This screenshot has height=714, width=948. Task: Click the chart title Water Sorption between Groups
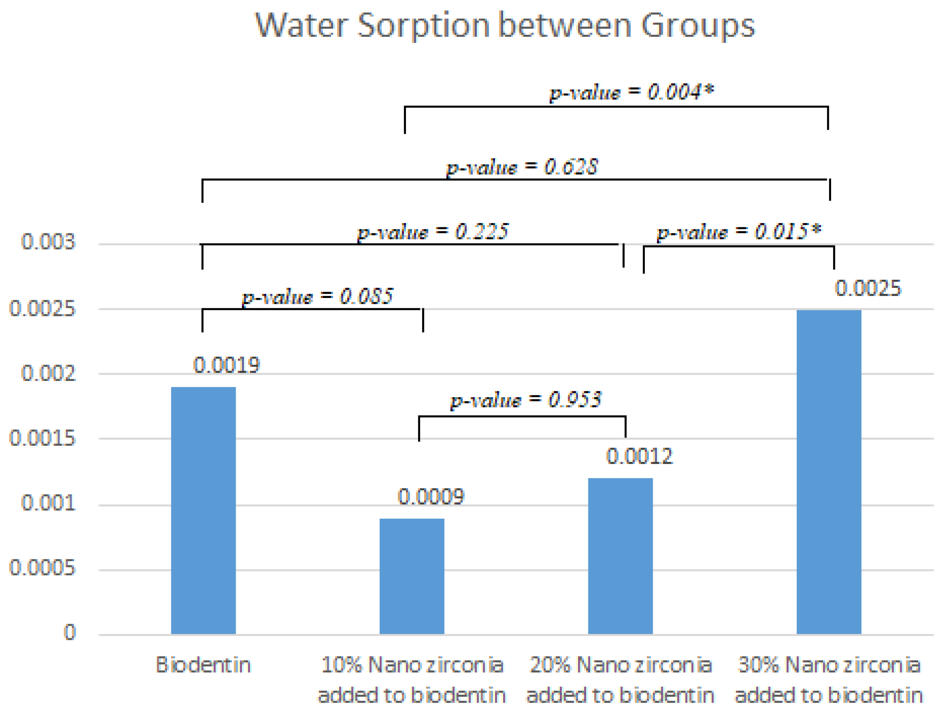point(505,26)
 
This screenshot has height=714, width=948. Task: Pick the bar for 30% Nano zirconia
point(828,471)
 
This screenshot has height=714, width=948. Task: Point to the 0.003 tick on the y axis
point(48,242)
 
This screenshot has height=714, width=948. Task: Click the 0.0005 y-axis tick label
point(42,568)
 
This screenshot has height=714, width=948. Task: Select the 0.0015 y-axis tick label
point(42,438)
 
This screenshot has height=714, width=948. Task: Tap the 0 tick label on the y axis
point(69,633)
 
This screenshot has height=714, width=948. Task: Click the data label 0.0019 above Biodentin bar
point(226,365)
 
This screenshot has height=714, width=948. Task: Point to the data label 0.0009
point(431,497)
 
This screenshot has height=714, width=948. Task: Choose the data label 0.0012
point(639,456)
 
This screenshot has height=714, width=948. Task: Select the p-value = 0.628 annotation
point(522,167)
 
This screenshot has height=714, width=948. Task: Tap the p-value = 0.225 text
point(433,232)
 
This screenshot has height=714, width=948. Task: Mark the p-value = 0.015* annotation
point(739,232)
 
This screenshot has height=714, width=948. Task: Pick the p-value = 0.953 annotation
point(526,400)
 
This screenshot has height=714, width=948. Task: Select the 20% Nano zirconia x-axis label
point(620,680)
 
